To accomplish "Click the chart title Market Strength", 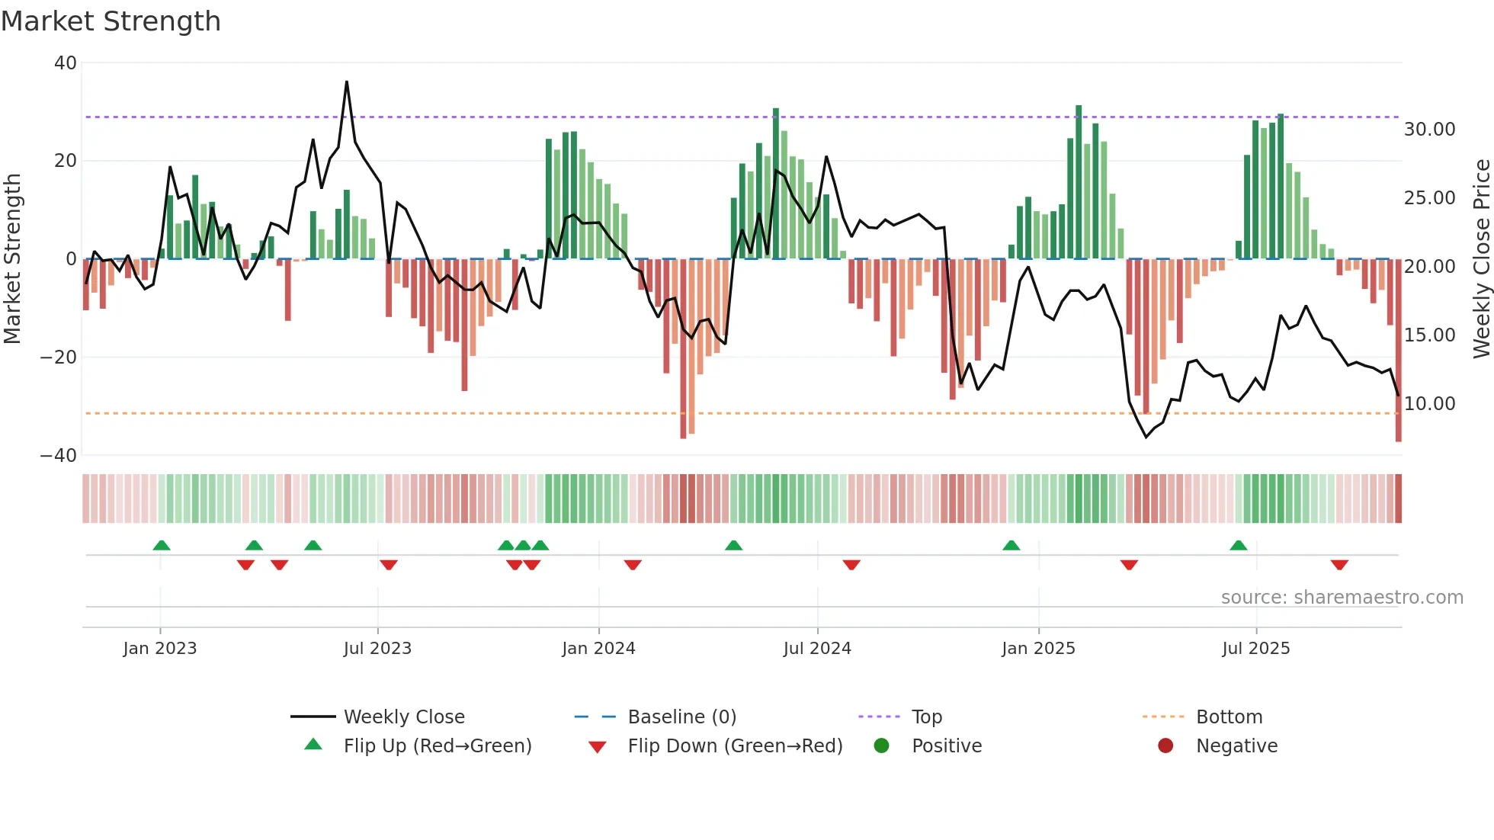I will tap(111, 21).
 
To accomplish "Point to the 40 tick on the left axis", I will tap(66, 63).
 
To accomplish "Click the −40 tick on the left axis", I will tap(59, 456).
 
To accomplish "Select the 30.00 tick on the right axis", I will tap(1429, 130).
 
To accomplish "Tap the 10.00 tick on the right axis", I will tap(1429, 404).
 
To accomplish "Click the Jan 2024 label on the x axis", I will tap(598, 649).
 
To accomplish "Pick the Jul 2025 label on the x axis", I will tap(1255, 649).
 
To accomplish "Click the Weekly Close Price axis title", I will tap(1481, 259).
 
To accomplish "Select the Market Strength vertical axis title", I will tap(12, 259).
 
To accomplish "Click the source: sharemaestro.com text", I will tap(1342, 598).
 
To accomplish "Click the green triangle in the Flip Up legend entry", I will tap(313, 745).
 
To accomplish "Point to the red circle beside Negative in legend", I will tap(1165, 745).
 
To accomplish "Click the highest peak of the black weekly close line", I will tap(347, 82).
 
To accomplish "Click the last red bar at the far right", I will tap(1398, 351).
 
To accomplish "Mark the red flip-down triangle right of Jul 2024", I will tap(851, 565).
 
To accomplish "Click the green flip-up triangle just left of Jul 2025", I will tap(1238, 546).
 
